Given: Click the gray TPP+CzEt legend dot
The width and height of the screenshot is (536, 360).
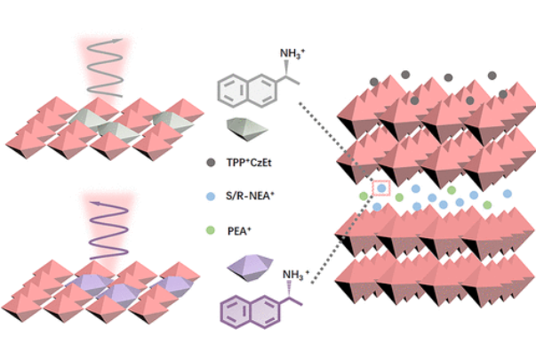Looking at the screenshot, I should point(211,163).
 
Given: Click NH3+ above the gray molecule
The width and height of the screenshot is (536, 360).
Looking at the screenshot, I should point(292,56).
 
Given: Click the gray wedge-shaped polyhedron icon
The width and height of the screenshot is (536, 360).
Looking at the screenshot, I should point(248,126).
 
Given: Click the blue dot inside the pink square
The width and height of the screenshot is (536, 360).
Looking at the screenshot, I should point(381,188).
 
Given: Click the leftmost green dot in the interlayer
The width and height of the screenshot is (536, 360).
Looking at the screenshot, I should point(363,196).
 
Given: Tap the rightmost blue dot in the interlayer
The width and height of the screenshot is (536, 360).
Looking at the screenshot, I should point(508,193).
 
